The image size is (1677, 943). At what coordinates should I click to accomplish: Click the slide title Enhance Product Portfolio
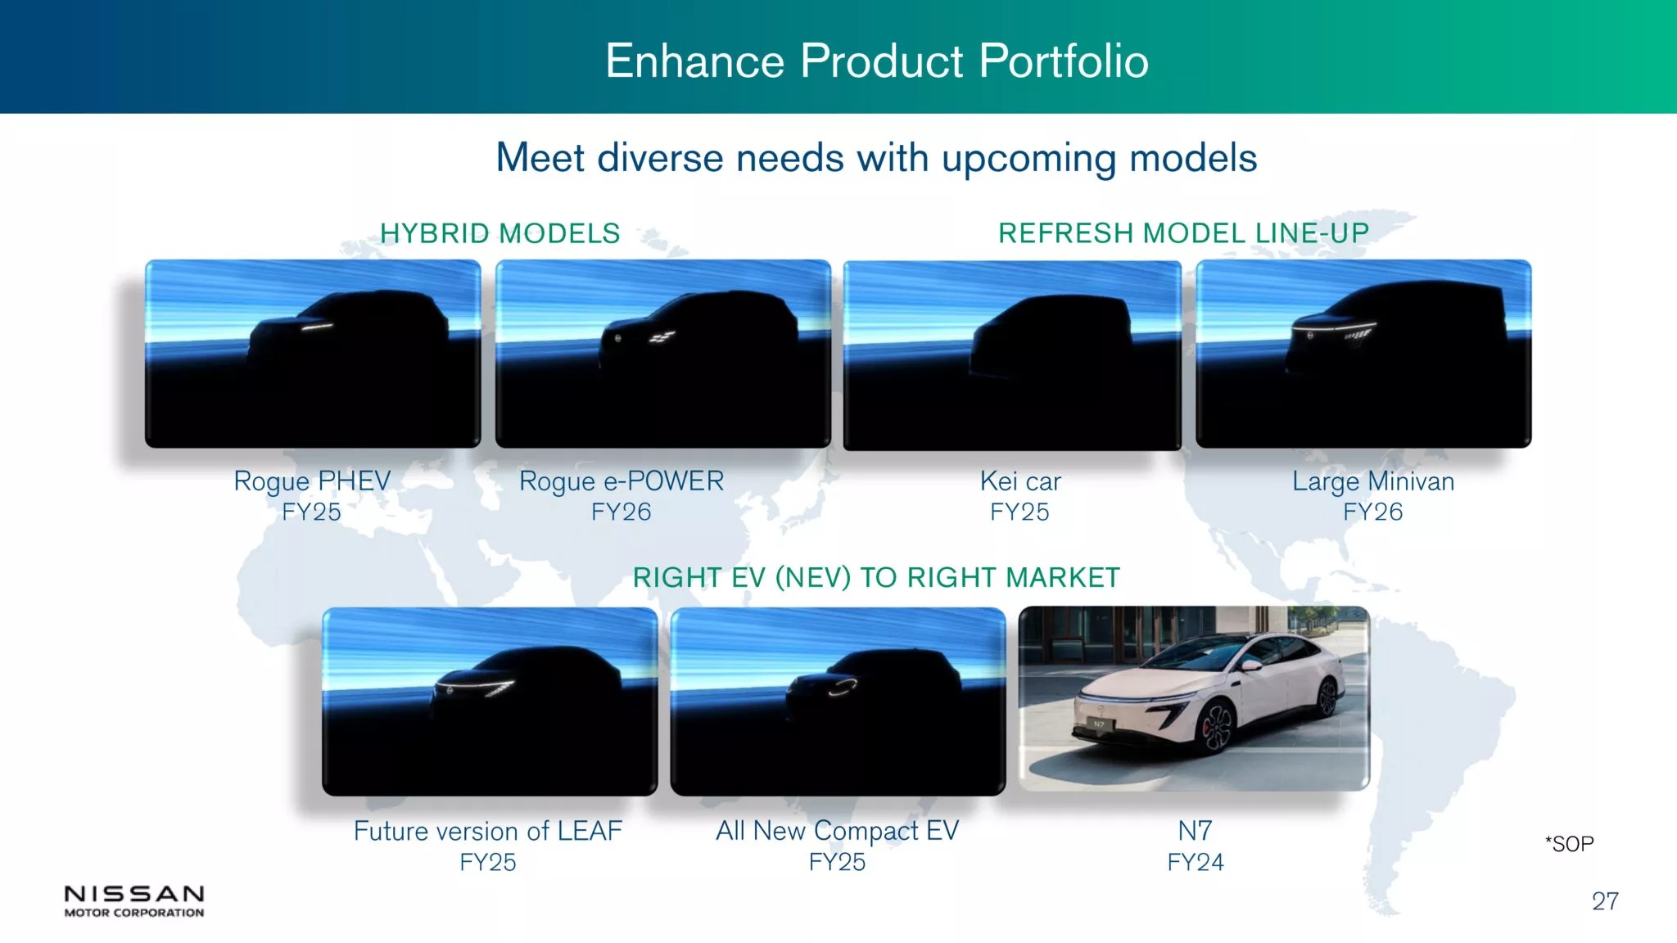pos(877,61)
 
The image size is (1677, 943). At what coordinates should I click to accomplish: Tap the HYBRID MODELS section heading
pos(500,233)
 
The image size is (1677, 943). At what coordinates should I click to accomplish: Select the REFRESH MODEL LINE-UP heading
pos(1183,233)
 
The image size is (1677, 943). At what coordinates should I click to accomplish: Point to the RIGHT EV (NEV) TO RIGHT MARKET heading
pos(876,578)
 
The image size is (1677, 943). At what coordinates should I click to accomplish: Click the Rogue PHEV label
pos(312,481)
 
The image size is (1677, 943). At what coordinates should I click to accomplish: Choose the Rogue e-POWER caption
pos(622,481)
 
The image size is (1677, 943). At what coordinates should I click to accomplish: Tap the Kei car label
pos(1020,481)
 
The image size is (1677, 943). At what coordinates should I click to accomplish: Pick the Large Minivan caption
pos(1373,481)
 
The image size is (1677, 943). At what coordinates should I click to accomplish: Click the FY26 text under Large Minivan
pos(1373,512)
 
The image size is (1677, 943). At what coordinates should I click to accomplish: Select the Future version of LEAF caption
pos(488,832)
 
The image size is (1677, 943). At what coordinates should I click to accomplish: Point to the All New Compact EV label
pos(837,832)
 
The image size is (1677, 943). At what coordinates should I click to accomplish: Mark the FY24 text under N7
pos(1196,863)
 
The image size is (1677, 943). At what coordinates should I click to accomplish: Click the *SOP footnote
pos(1569,844)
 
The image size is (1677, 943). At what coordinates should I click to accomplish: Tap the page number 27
pos(1605,901)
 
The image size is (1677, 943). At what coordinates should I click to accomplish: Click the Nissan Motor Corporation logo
pos(134,900)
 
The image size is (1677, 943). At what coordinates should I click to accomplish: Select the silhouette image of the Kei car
pos(1012,355)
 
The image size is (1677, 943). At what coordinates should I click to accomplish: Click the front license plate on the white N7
pos(1099,724)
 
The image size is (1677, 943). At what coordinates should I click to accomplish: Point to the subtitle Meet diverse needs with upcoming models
pos(876,158)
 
